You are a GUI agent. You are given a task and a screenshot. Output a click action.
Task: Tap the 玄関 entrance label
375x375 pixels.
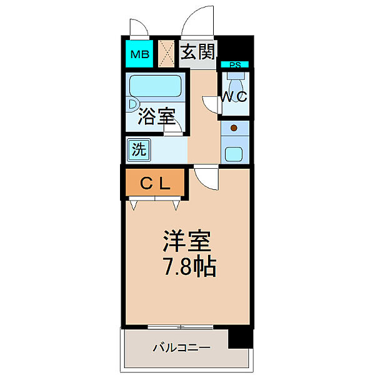click(x=196, y=52)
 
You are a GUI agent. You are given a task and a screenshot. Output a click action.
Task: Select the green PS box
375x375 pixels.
click(x=235, y=64)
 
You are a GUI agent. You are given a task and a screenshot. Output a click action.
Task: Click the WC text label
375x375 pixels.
click(x=233, y=97)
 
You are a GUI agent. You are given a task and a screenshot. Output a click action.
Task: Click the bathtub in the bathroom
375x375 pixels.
click(x=155, y=87)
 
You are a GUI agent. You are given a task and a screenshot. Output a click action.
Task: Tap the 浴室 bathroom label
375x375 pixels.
click(x=156, y=117)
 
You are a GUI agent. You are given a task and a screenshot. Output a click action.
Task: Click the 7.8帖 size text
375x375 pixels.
click(x=189, y=267)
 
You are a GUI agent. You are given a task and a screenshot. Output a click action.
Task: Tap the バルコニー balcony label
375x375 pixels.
click(x=181, y=347)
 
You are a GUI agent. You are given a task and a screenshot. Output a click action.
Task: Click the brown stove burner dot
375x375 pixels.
click(x=234, y=129)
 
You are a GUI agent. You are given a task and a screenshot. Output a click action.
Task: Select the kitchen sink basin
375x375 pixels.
click(x=234, y=152)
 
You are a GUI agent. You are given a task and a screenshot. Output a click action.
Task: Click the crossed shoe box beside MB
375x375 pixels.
click(x=167, y=54)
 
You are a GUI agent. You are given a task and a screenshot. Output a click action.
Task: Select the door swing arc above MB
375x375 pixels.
click(x=139, y=29)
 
